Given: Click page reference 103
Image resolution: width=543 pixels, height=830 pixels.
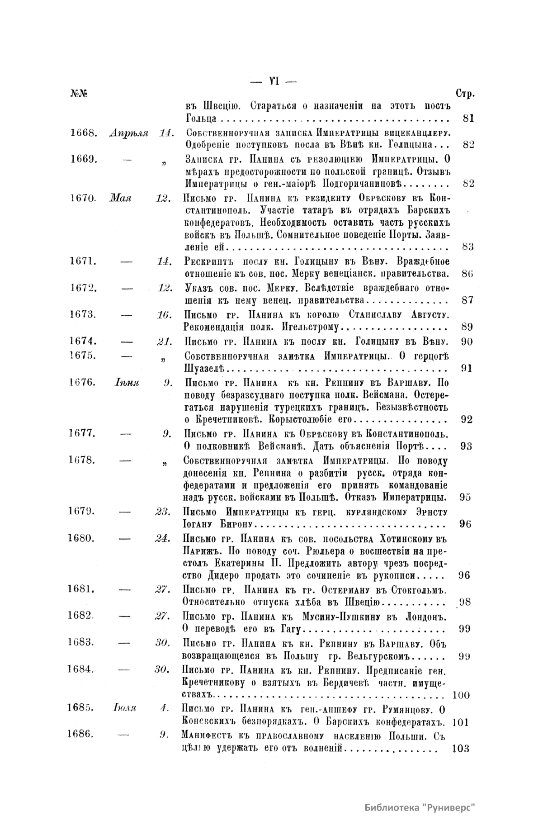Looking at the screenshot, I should click(461, 748).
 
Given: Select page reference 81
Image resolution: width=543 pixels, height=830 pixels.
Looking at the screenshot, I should click(468, 119).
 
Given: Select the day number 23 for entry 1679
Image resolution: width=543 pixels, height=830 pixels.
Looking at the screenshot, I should click(162, 512).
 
